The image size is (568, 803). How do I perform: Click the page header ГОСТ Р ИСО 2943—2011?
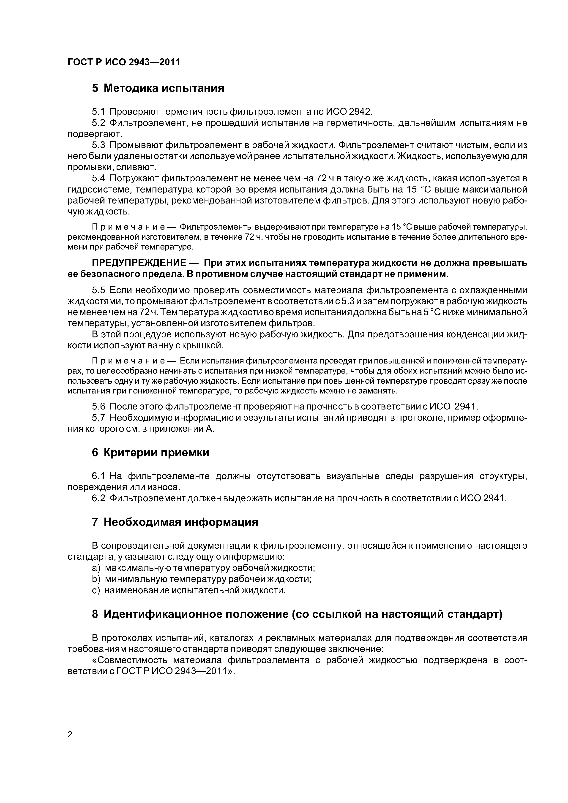[123, 62]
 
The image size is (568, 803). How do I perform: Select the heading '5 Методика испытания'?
[158, 88]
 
